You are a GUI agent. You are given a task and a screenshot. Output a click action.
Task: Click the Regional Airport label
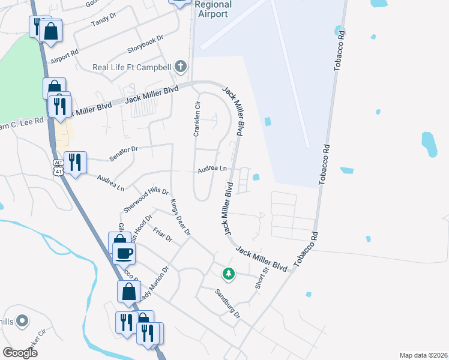[x=212, y=9]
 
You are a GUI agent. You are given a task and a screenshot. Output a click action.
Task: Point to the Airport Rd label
[x=65, y=56]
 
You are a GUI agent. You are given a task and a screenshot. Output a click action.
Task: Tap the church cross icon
[x=181, y=67]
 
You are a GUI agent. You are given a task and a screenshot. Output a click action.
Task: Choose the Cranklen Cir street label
[x=196, y=118]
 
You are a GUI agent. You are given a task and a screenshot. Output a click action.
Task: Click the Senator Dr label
[x=124, y=153]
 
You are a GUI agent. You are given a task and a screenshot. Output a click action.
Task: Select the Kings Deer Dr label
[x=179, y=217]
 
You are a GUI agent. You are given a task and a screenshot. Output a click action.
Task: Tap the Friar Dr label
[x=163, y=234]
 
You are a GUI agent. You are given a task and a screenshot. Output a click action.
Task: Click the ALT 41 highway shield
[x=58, y=167]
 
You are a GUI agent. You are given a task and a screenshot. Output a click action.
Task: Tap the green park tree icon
[x=228, y=274]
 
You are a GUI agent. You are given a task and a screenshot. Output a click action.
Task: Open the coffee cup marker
[x=124, y=253]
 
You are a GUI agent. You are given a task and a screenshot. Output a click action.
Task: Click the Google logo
[x=20, y=352]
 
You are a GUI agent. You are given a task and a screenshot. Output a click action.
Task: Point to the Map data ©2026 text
[x=423, y=355]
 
